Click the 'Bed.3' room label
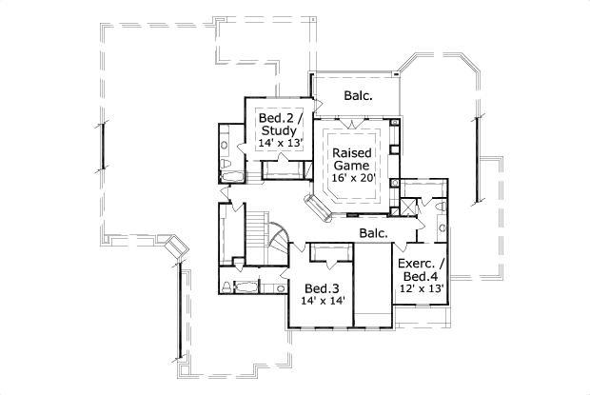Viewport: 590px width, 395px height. [x=317, y=288]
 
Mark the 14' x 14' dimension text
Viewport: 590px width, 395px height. [x=322, y=301]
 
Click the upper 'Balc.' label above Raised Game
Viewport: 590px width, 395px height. [x=358, y=95]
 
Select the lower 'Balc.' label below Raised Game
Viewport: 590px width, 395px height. [x=373, y=232]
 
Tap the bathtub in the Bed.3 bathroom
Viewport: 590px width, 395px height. [x=246, y=286]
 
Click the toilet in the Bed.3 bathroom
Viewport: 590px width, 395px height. [x=226, y=286]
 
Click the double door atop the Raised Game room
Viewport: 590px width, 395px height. [x=353, y=124]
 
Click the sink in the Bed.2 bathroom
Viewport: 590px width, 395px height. [x=226, y=144]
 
